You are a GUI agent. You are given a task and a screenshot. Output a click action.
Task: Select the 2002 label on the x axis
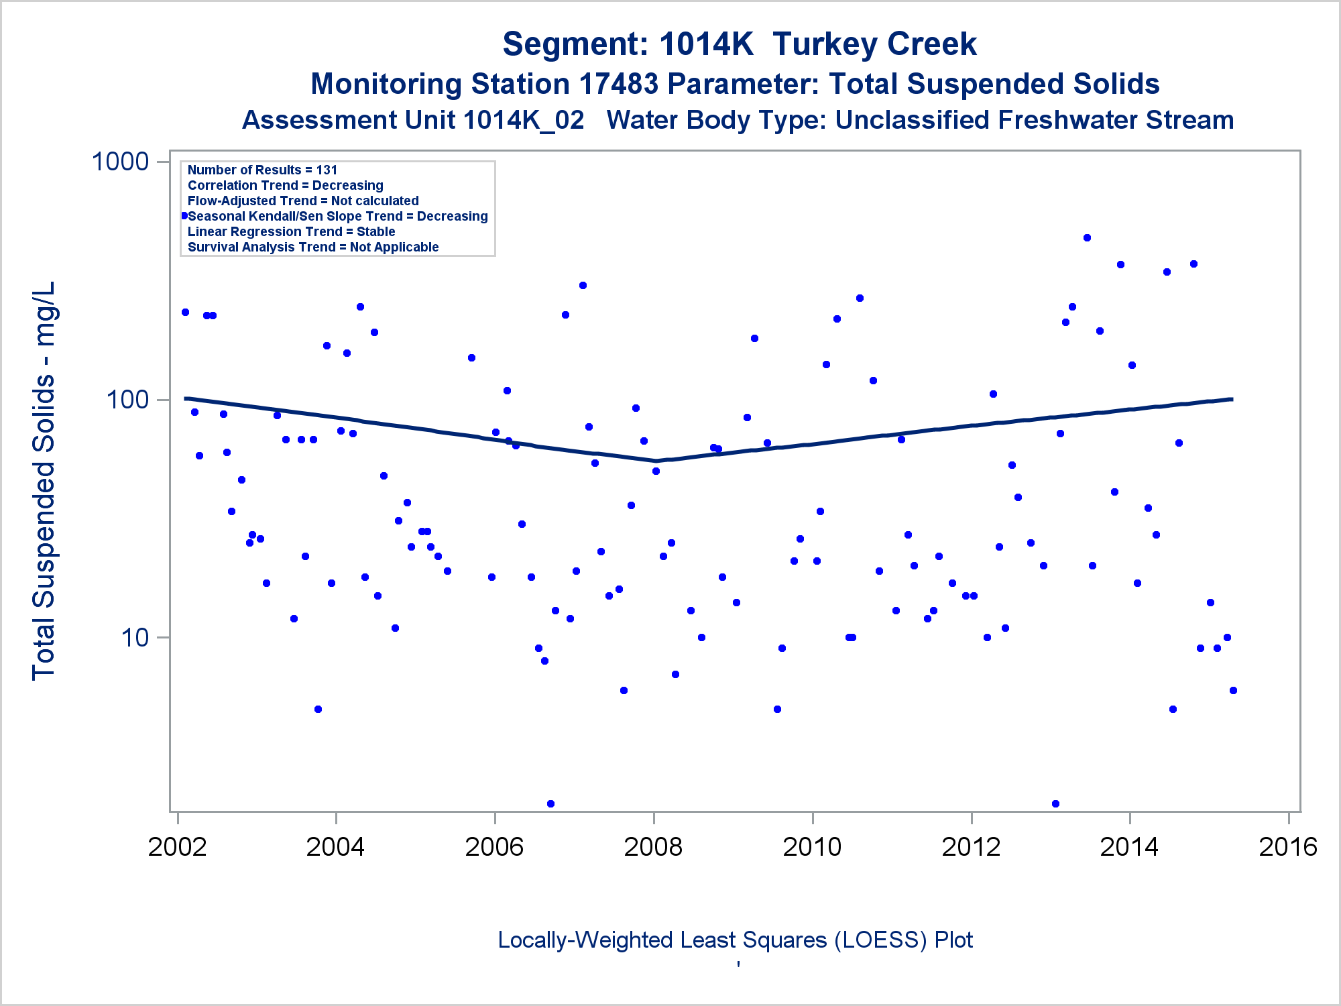177,846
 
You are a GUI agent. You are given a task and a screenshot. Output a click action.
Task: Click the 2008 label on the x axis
653,846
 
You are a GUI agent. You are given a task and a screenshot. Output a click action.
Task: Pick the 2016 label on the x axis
1288,846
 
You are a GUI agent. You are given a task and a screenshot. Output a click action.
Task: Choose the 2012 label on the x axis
971,846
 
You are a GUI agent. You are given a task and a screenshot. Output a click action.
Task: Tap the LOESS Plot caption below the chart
735,940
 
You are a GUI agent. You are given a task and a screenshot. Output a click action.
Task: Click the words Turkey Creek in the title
874,44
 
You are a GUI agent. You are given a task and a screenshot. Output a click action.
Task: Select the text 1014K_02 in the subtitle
523,120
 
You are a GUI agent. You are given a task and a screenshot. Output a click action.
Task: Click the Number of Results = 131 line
262,170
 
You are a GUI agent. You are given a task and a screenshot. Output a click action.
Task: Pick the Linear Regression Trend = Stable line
291,231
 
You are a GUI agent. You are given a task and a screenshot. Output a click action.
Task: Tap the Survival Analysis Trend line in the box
312,247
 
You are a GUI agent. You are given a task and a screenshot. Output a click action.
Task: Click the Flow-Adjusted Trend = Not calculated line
303,201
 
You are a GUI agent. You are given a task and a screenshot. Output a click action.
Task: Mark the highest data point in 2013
1087,237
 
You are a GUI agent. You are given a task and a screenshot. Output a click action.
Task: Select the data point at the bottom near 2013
1055,803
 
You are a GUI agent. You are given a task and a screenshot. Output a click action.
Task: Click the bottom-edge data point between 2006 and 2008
550,803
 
